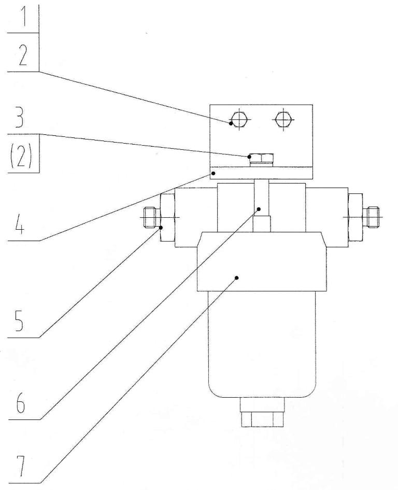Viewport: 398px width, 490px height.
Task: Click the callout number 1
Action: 22,19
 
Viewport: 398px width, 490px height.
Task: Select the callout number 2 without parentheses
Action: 22,54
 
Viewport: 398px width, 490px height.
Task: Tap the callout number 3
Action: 19,117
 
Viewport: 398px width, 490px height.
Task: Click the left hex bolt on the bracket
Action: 239,119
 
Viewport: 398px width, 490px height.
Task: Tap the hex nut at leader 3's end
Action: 262,158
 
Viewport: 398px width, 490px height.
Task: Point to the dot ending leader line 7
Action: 237,277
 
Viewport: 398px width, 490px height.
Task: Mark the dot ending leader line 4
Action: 214,173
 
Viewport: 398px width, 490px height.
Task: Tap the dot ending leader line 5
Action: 161,228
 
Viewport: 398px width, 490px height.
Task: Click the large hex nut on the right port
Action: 356,217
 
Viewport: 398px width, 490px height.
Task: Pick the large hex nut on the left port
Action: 167,217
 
